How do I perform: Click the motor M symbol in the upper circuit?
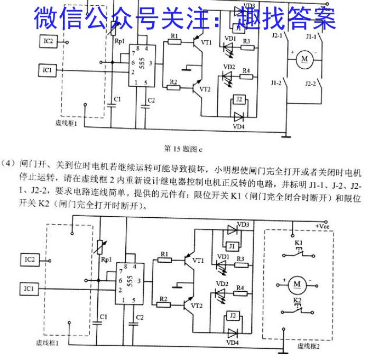tap(304, 59)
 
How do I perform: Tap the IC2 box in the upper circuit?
tap(48, 41)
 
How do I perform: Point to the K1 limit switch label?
tap(298, 243)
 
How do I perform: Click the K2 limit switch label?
tap(297, 301)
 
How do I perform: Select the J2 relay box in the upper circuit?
tap(239, 99)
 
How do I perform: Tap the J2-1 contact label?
tap(276, 38)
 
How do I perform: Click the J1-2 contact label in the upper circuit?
tap(275, 83)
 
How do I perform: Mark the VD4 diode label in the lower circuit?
tap(233, 343)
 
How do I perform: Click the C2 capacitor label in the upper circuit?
tap(151, 100)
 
